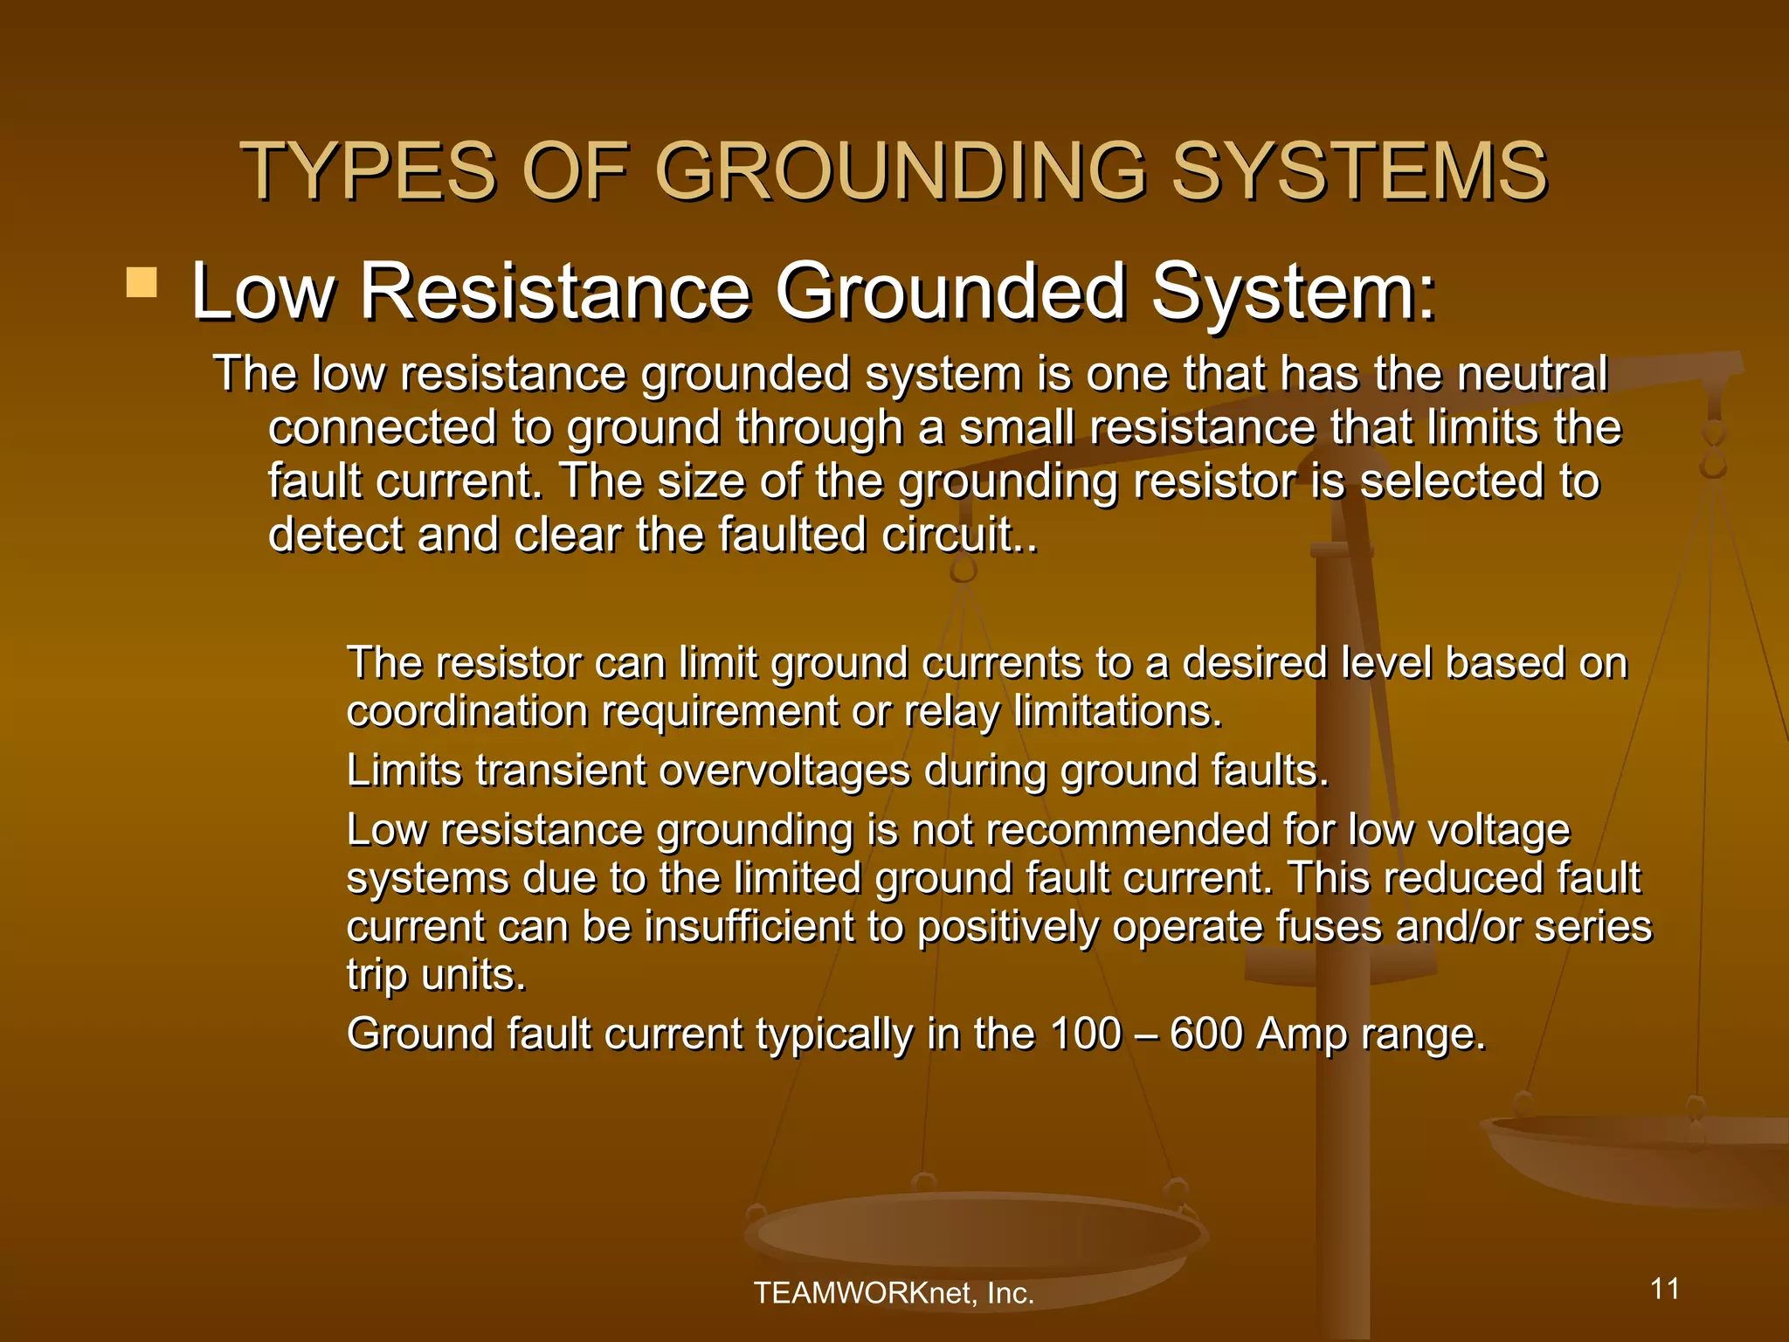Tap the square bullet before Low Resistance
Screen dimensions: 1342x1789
142,283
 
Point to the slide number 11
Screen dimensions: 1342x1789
1665,1289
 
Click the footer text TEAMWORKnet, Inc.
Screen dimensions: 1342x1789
894,1293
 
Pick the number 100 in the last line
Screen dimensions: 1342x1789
1085,1034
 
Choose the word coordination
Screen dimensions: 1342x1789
466,711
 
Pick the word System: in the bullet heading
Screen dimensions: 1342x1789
1293,293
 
